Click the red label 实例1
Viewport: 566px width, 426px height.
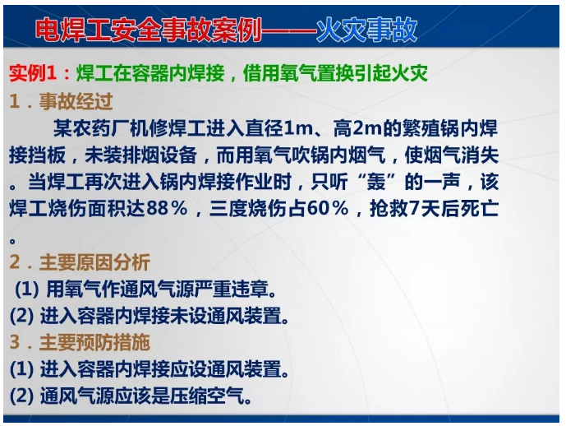coord(36,74)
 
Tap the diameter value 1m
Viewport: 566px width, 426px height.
coord(295,129)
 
